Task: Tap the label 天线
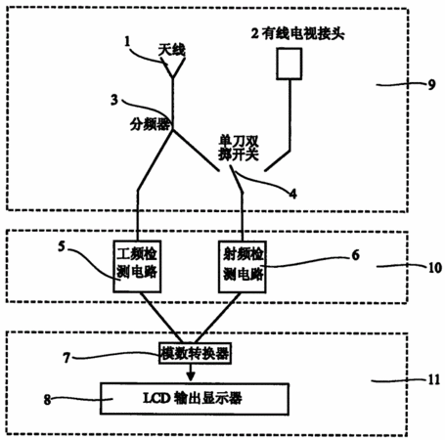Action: tap(172, 50)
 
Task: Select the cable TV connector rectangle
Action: tap(289, 64)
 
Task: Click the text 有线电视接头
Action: tap(303, 33)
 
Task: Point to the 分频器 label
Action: tap(150, 124)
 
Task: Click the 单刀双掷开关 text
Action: tap(239, 149)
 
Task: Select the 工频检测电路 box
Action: tap(137, 266)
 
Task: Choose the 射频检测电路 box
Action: tap(243, 267)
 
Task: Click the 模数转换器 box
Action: tap(195, 353)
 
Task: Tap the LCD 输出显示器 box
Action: tap(195, 399)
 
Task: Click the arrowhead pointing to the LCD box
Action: tap(191, 376)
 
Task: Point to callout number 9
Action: tap(431, 85)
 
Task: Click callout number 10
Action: tap(434, 268)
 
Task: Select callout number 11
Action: tap(434, 380)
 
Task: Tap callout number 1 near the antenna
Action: tap(127, 42)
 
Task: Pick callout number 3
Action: tap(114, 100)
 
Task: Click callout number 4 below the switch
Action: tap(293, 194)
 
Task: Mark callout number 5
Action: tap(62, 246)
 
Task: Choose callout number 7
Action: tap(67, 358)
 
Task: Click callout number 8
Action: tap(48, 400)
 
